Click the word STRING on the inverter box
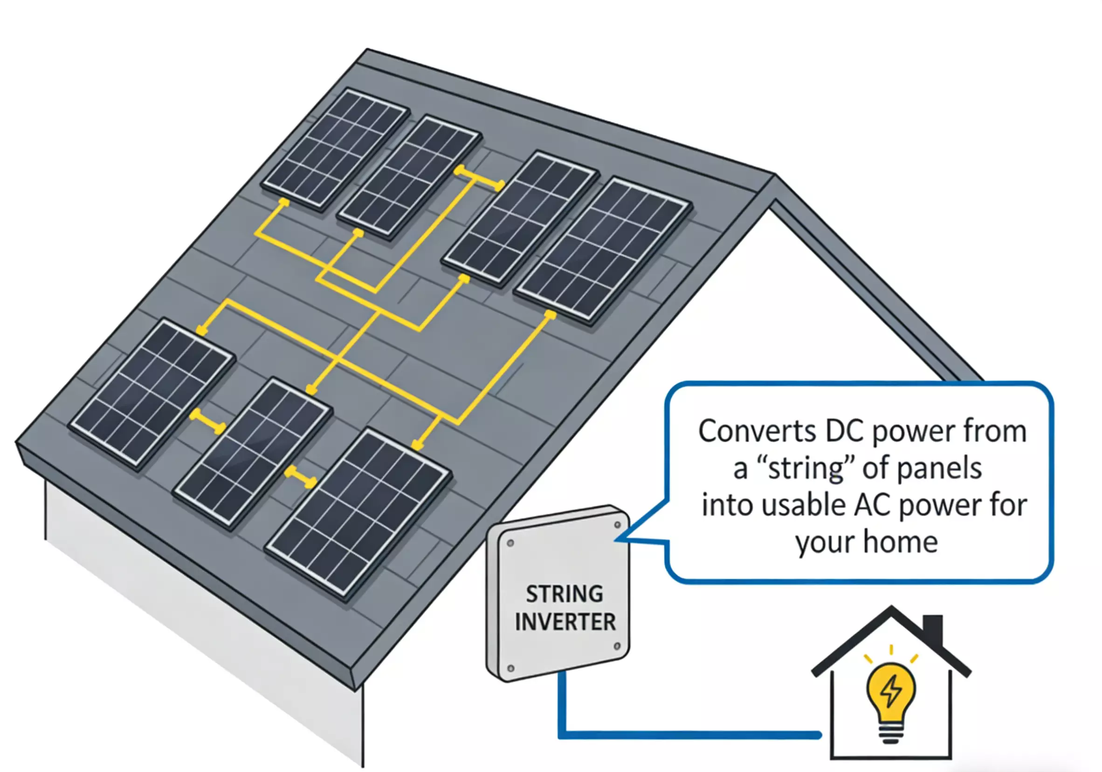coord(565,594)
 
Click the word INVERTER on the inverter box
coord(565,622)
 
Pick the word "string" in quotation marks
coord(806,468)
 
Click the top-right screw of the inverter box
coord(618,525)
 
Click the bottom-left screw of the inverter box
coord(511,668)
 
